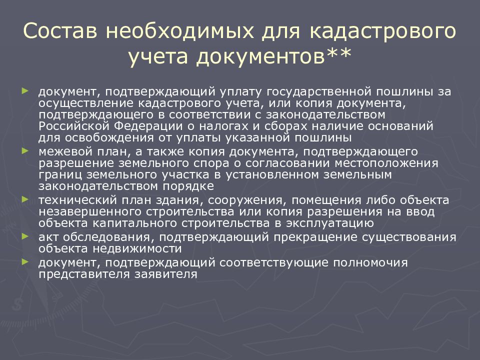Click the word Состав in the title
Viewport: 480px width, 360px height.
pyautogui.click(x=60, y=30)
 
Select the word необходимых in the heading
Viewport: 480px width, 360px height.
pyautogui.click(x=180, y=30)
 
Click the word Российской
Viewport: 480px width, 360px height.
pyautogui.click(x=74, y=126)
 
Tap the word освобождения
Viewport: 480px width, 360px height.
pyautogui.click(x=109, y=138)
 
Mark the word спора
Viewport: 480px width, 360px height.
pyautogui.click(x=211, y=163)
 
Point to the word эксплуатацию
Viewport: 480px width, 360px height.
pyautogui.click(x=330, y=223)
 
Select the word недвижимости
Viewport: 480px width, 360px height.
pyautogui.click(x=137, y=248)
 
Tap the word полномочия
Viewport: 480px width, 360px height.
pyautogui.click(x=370, y=262)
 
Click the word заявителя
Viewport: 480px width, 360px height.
pyautogui.click(x=166, y=274)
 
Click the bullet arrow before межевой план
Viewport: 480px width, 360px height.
pyautogui.click(x=25, y=150)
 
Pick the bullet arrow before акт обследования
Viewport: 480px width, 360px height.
pyautogui.click(x=25, y=236)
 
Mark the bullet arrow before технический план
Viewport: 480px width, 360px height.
pyautogui.click(x=25, y=199)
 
